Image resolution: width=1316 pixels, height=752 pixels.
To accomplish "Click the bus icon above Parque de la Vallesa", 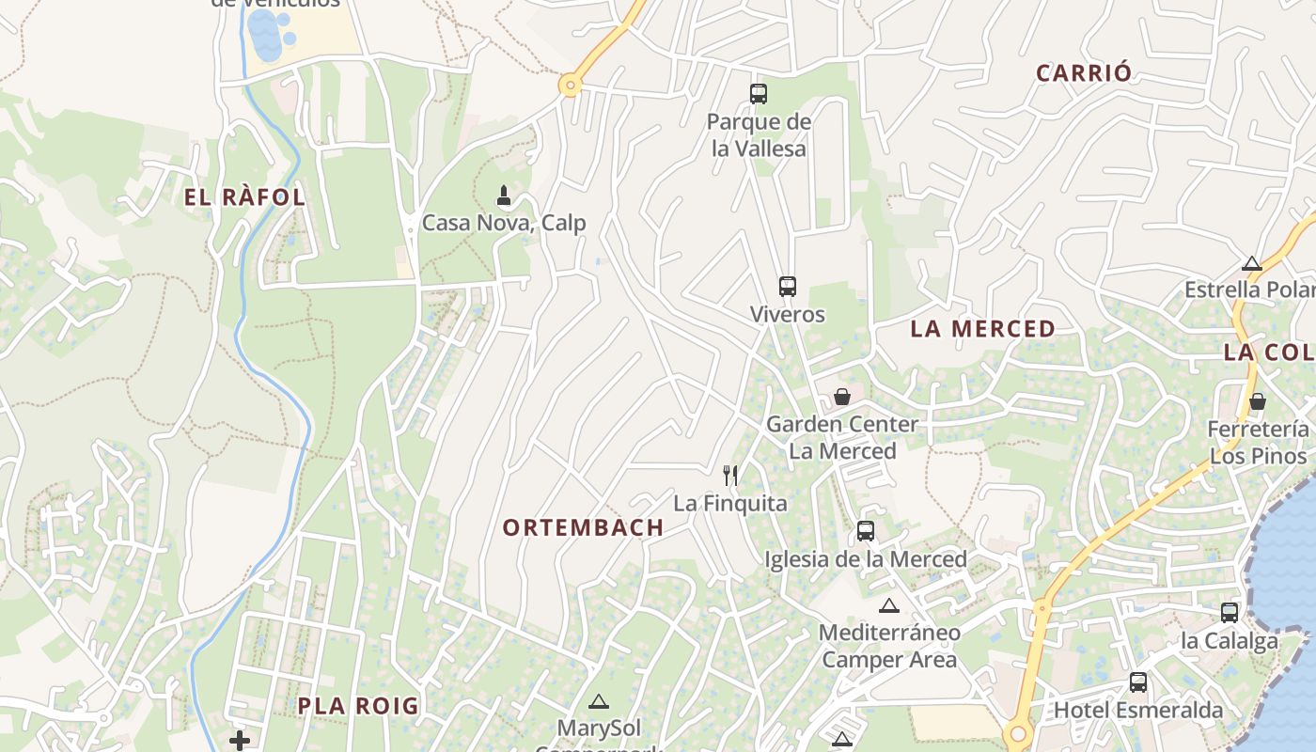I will [759, 93].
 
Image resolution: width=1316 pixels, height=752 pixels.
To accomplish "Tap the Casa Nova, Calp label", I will [504, 223].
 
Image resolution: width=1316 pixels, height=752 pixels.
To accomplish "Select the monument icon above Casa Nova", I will [504, 196].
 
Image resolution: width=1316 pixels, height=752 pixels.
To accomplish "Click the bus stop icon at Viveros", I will [788, 286].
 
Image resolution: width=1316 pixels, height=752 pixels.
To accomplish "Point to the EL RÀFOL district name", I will [244, 197].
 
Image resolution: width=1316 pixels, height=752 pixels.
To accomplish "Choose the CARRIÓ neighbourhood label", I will [1084, 73].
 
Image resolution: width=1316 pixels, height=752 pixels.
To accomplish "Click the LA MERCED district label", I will [982, 329].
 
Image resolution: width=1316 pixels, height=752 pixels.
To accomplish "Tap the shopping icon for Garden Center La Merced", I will [842, 396].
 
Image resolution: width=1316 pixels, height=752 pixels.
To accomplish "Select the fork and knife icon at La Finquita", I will [730, 476].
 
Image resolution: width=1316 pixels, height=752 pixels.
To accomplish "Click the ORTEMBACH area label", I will [583, 528].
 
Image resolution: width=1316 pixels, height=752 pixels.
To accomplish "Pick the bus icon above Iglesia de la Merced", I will [866, 531].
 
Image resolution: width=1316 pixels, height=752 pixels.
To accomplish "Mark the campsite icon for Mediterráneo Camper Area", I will [889, 605].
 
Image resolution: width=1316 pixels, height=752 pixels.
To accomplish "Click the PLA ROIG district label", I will [358, 706].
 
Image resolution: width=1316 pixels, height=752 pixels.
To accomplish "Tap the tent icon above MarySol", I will [599, 701].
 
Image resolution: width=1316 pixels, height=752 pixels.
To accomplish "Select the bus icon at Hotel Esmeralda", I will [1138, 681].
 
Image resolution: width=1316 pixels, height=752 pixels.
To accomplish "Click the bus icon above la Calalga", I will [1230, 613].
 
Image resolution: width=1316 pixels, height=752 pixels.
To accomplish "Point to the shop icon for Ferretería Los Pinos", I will [1258, 401].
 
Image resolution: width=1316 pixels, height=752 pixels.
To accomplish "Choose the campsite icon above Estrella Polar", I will [1251, 263].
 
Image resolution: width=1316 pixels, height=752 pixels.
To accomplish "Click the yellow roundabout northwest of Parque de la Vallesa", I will [570, 86].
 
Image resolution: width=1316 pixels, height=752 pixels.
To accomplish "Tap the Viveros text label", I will [788, 314].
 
